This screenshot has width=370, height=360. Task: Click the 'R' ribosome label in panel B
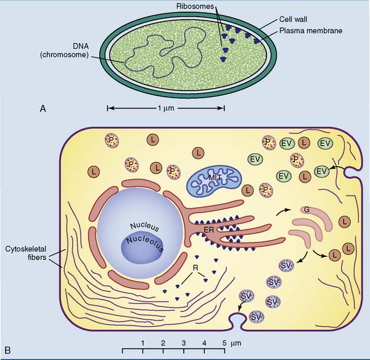tap(195, 268)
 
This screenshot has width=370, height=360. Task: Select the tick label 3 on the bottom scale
tap(183, 342)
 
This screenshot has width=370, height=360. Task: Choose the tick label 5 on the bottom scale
tap(224, 342)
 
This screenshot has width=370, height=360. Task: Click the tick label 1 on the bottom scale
tap(142, 342)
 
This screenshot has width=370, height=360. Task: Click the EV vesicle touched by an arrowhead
tap(320, 171)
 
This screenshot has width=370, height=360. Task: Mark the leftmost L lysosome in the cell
tap(94, 170)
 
